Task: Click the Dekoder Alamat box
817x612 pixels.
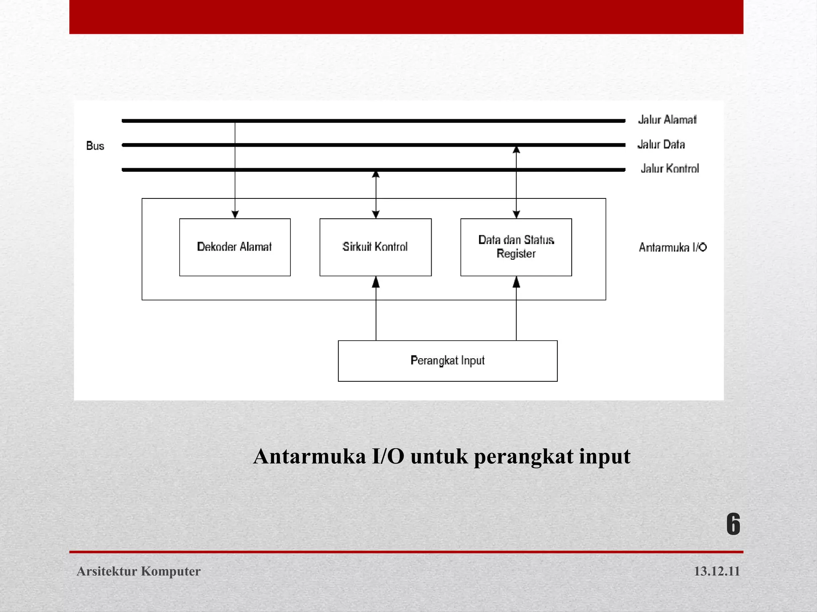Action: pos(235,247)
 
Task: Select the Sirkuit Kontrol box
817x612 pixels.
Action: pos(375,247)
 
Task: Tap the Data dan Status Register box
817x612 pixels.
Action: pos(516,247)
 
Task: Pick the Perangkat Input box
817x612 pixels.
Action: pos(448,361)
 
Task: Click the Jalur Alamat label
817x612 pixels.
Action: pos(667,120)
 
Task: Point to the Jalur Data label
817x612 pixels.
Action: pos(661,144)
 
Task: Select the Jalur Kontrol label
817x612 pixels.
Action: pos(670,169)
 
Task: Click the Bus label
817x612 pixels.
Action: pos(95,146)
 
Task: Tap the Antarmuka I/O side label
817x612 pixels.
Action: pos(673,247)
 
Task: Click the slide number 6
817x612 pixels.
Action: pos(733,524)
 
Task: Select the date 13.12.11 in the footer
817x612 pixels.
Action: pos(716,571)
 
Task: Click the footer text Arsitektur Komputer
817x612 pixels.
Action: pos(138,571)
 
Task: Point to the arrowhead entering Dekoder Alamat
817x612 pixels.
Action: pos(235,214)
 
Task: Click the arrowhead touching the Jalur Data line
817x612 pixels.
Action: pos(516,150)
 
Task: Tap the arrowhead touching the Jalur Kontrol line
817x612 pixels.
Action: pos(376,175)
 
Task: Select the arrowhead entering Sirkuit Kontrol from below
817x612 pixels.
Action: pos(376,282)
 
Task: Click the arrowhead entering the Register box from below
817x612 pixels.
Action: pos(516,282)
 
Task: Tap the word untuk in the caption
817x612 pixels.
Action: pos(439,457)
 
